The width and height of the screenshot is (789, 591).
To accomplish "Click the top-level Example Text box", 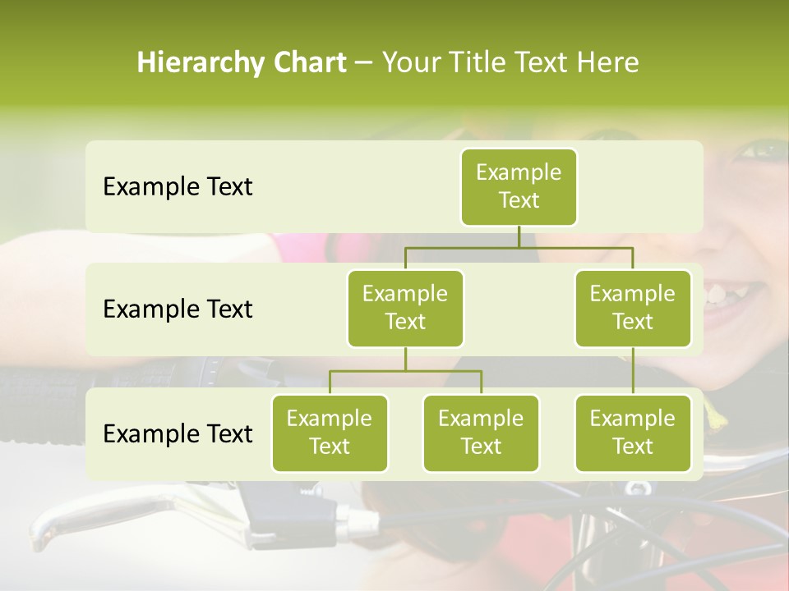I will click(519, 186).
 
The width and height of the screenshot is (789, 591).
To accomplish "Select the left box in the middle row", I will click(405, 308).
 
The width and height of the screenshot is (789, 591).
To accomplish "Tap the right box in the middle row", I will click(633, 308).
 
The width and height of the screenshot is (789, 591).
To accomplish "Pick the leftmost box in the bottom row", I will click(330, 433).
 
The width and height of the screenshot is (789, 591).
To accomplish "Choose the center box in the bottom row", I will click(481, 433).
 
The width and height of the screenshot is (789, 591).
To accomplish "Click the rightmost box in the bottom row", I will click(633, 433).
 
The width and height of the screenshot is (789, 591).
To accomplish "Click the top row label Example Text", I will click(178, 187).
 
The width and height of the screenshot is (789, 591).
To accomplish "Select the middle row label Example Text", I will click(178, 309).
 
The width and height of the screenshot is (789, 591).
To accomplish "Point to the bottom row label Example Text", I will click(178, 434).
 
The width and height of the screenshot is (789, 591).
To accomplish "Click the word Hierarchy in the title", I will click(195, 63).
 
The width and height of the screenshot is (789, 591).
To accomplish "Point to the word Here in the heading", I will click(610, 63).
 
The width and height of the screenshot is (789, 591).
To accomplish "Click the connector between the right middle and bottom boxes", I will click(633, 371).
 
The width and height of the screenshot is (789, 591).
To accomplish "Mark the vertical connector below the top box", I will click(519, 236).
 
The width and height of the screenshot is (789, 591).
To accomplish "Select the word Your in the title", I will click(410, 63).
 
